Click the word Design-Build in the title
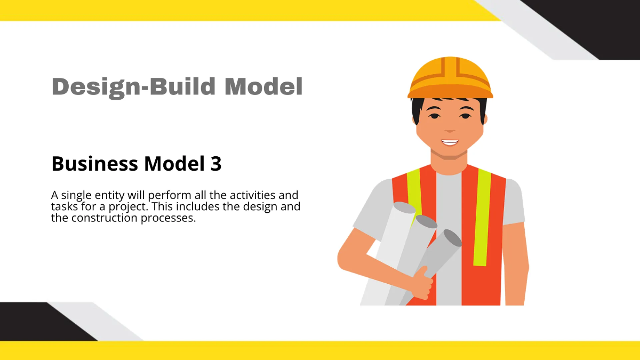coord(134,86)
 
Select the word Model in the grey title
coord(263,86)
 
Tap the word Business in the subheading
coord(93,164)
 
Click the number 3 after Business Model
coord(214,164)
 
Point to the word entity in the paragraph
coord(109,195)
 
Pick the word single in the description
coord(75,195)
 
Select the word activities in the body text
coord(254,195)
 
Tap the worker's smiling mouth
coord(450,142)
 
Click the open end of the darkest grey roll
coord(452,238)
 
